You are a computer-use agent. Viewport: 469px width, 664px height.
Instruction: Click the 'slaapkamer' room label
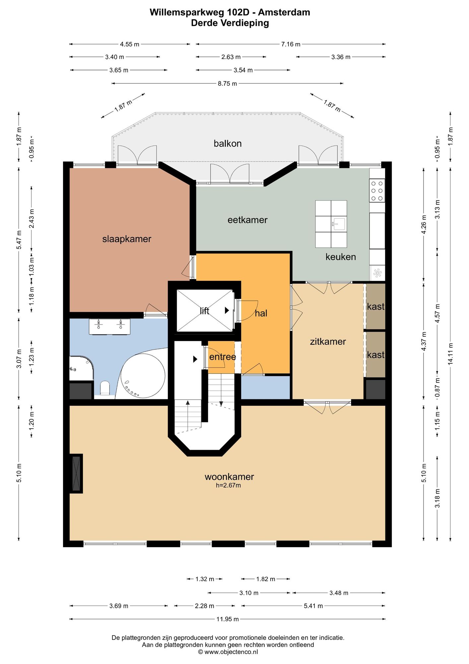click(x=127, y=239)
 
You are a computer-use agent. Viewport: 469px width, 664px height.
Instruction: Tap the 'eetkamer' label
click(x=247, y=220)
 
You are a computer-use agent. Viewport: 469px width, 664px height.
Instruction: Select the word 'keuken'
click(x=341, y=257)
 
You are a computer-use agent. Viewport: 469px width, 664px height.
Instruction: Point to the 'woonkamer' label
click(x=229, y=477)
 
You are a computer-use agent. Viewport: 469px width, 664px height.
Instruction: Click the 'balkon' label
click(x=228, y=143)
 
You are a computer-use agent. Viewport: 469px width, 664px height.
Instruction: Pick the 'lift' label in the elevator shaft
click(x=204, y=311)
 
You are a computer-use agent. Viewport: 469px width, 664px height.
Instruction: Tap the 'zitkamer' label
click(x=328, y=342)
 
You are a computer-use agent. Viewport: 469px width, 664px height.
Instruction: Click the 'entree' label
click(x=223, y=357)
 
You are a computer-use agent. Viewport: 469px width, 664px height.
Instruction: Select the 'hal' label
click(x=261, y=313)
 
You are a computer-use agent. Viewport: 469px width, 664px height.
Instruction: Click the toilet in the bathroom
click(x=105, y=388)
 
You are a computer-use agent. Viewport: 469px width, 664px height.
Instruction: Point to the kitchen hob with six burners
click(x=377, y=191)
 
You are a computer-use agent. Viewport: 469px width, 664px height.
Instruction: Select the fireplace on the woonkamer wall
click(x=76, y=473)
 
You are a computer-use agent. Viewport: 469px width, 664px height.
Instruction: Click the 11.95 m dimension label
click(x=228, y=619)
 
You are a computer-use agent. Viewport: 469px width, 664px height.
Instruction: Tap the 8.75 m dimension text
click(x=228, y=84)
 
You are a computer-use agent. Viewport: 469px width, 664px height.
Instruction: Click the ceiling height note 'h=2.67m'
click(x=229, y=485)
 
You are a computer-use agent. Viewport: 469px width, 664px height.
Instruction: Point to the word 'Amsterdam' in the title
click(x=284, y=12)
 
